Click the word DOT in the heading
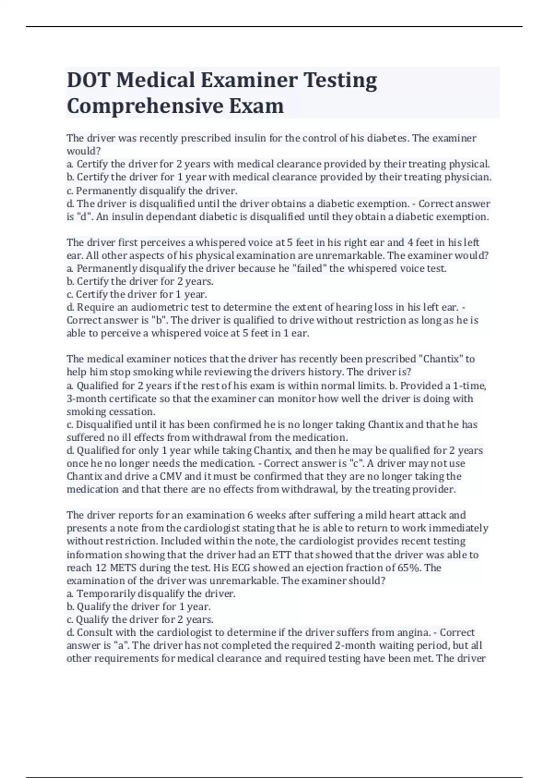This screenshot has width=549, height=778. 88,80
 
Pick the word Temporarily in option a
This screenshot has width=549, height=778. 106,594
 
